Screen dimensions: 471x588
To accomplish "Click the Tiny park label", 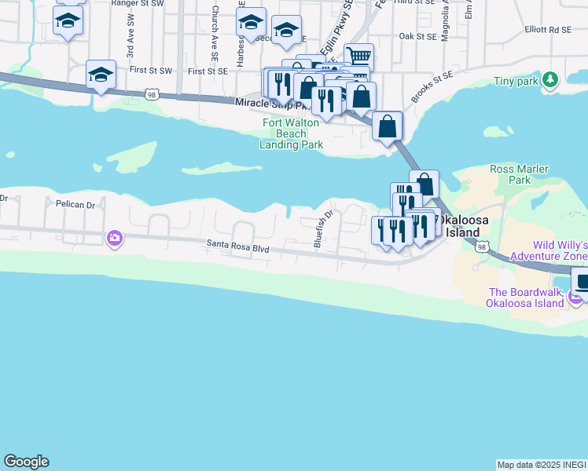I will coord(516,81).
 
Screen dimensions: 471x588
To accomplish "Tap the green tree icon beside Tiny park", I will coord(550,80).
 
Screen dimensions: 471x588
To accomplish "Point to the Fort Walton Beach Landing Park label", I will coord(291,133).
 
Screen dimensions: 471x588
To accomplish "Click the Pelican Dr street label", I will coord(75,205).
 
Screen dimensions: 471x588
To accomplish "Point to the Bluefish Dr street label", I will coord(325,228).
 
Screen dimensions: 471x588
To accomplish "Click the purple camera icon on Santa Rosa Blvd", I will coord(115,238).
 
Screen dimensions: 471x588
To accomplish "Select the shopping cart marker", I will coord(358,57).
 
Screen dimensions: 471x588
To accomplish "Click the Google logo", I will coord(26,462).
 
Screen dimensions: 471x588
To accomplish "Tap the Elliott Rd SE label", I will coord(549,30).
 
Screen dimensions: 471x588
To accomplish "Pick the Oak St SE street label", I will coord(417,36).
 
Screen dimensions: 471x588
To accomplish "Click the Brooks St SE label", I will coord(433,87).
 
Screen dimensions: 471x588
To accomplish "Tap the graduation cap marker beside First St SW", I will coord(101,75).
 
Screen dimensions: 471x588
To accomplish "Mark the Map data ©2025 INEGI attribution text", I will coord(542,464).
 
